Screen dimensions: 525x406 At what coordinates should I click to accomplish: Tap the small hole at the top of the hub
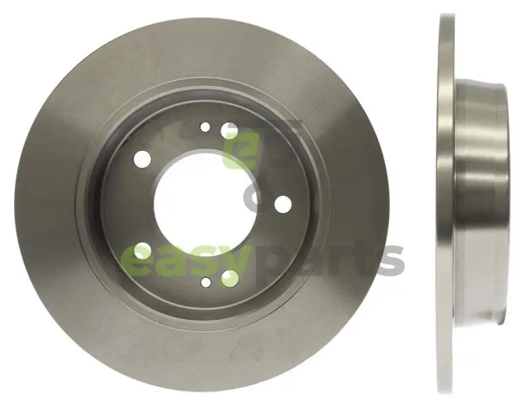(x=205, y=127)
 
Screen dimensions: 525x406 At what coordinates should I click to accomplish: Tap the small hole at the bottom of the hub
(x=206, y=283)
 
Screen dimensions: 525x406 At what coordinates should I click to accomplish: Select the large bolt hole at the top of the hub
(x=230, y=131)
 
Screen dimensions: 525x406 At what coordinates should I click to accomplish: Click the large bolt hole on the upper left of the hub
(x=142, y=159)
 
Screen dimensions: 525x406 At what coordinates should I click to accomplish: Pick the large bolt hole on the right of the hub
(x=283, y=204)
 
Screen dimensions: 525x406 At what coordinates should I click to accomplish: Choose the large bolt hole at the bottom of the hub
(x=230, y=277)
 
